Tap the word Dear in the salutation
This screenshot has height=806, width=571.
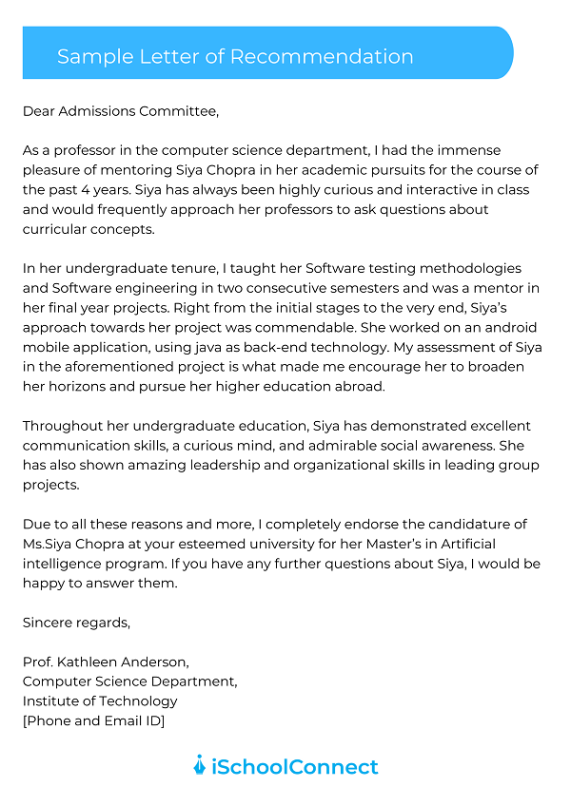[39, 111]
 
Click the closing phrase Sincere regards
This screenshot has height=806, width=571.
[76, 623]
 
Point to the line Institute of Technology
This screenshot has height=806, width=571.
[100, 701]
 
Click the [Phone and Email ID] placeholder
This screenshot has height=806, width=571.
[93, 720]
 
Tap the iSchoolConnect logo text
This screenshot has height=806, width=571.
[294, 766]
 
